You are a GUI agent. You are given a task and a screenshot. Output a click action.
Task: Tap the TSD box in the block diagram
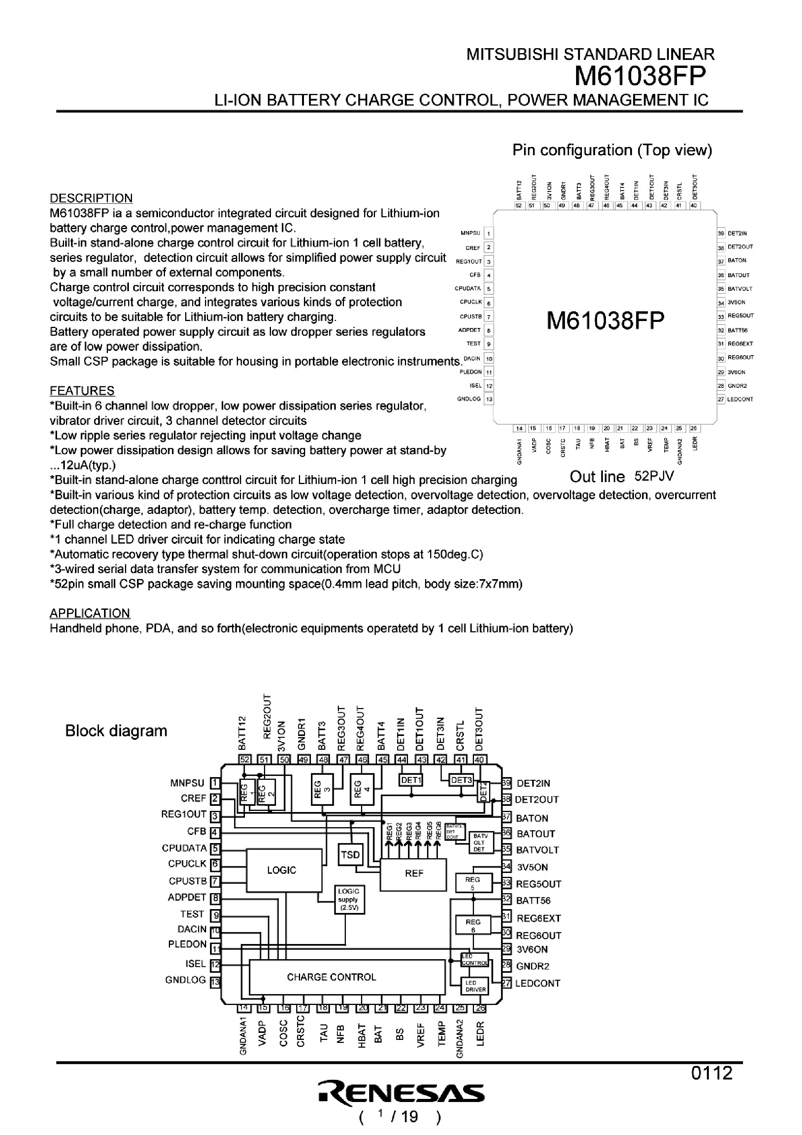tap(350, 855)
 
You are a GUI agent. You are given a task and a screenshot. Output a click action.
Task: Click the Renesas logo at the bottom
tap(401, 1093)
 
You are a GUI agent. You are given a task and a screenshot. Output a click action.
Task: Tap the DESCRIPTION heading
tap(91, 198)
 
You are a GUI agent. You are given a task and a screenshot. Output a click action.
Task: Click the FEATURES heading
tap(82, 391)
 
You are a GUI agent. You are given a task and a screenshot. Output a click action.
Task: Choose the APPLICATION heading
tap(90, 613)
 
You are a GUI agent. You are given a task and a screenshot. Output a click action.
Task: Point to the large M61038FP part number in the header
tap(640, 76)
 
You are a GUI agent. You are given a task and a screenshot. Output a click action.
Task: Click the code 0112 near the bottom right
tap(712, 1073)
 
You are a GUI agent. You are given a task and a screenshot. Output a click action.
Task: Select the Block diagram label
tap(116, 731)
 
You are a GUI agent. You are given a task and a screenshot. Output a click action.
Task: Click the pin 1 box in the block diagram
tap(215, 783)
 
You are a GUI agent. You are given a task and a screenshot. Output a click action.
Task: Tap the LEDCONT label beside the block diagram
tap(538, 983)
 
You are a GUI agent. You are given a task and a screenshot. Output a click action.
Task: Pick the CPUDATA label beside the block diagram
tap(184, 848)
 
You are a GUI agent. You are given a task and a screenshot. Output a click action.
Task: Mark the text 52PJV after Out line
tap(654, 476)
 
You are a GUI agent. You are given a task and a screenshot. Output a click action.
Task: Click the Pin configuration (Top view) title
tap(612, 150)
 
